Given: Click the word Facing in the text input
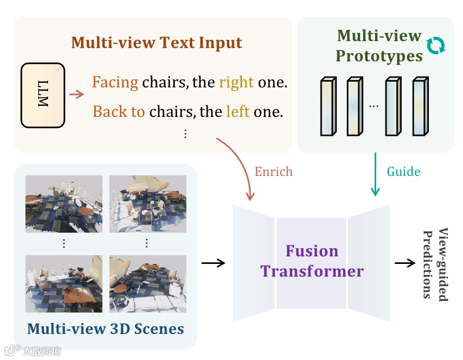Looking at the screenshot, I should point(115,82).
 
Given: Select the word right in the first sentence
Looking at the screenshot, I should point(236,82).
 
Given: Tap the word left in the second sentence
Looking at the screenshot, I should point(238,111).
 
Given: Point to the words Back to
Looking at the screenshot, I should point(119,111).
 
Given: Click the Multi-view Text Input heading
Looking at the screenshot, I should point(156,43).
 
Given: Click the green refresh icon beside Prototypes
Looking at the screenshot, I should point(436,46).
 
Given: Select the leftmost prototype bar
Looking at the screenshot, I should point(328,106).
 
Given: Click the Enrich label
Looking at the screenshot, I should point(274,171).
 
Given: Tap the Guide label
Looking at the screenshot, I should point(403,171).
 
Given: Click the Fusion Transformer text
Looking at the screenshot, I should point(312,261).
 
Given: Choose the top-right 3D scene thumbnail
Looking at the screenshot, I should point(148,203).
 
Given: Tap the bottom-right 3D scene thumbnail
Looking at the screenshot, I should point(148,284).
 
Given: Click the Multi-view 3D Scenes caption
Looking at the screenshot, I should point(105,329).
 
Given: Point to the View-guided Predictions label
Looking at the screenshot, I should point(436,264).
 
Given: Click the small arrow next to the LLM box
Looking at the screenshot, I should point(76,95).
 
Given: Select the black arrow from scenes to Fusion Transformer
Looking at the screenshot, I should point(213,263).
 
